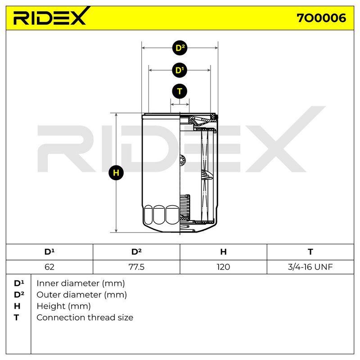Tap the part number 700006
tap(321, 18)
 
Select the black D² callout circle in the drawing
tap(180, 48)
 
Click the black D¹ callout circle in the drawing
tap(180, 70)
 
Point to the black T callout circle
tap(180, 91)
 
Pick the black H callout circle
tap(116, 173)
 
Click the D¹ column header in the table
tap(49, 252)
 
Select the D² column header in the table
tap(136, 252)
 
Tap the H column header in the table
tap(223, 252)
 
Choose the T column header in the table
tap(310, 252)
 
